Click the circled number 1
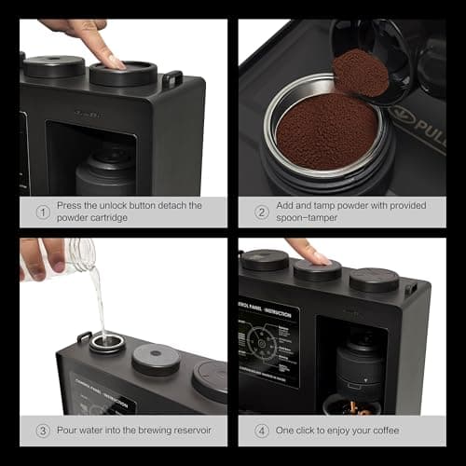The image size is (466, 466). (x=42, y=212)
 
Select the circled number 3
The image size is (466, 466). (x=42, y=431)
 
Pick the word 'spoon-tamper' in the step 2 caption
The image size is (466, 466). (x=311, y=220)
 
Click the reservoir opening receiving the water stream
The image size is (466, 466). (x=106, y=344)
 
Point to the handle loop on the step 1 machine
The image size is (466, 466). (x=172, y=80)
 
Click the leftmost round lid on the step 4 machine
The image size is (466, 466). (x=266, y=260)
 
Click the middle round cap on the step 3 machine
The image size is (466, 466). (x=156, y=358)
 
